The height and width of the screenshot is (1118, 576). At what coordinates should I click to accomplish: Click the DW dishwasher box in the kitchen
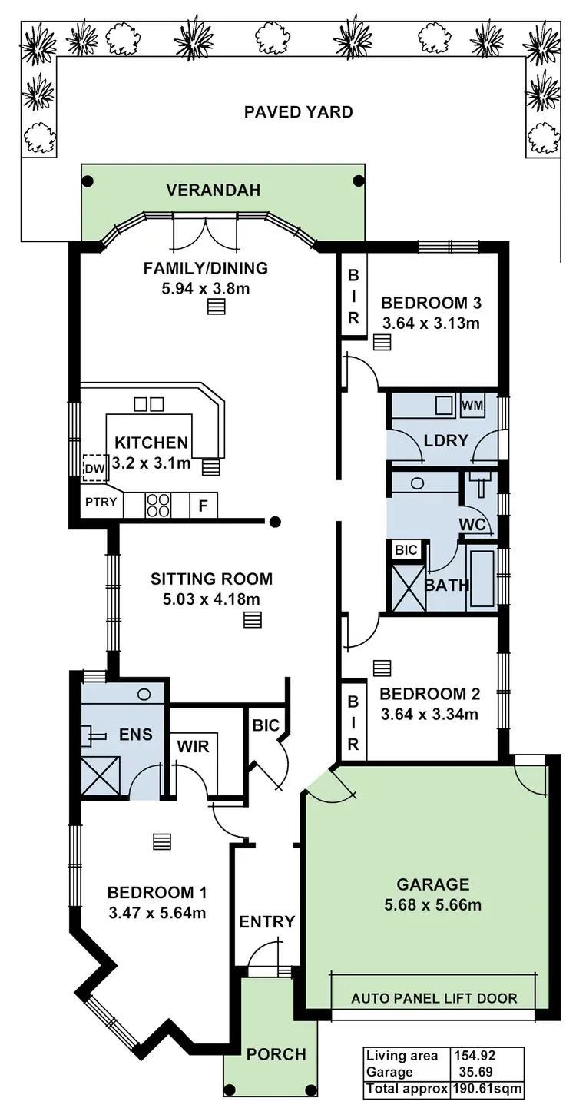tap(94, 467)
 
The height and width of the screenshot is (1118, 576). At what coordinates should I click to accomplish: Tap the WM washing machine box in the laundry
tap(472, 404)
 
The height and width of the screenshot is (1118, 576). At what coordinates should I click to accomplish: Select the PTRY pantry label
tap(101, 503)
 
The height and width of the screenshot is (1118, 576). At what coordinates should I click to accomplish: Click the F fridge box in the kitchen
tap(204, 506)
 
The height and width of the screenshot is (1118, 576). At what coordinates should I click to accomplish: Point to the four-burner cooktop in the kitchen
tap(158, 505)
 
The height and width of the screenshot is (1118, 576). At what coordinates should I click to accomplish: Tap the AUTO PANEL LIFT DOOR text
tap(434, 998)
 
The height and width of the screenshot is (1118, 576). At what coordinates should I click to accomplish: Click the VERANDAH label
tap(214, 190)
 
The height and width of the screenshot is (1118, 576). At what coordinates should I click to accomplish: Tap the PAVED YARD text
tap(298, 112)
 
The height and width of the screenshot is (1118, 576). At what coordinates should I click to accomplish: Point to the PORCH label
tap(276, 1054)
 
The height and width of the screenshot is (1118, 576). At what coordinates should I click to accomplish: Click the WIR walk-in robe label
tap(193, 747)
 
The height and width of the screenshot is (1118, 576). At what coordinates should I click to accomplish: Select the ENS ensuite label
tap(135, 735)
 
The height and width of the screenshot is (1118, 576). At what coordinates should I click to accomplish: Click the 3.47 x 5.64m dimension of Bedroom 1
tap(157, 913)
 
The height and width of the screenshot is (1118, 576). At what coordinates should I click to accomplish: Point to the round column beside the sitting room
tap(275, 522)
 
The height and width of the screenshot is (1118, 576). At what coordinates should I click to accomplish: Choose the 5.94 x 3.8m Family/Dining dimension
tap(205, 289)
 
